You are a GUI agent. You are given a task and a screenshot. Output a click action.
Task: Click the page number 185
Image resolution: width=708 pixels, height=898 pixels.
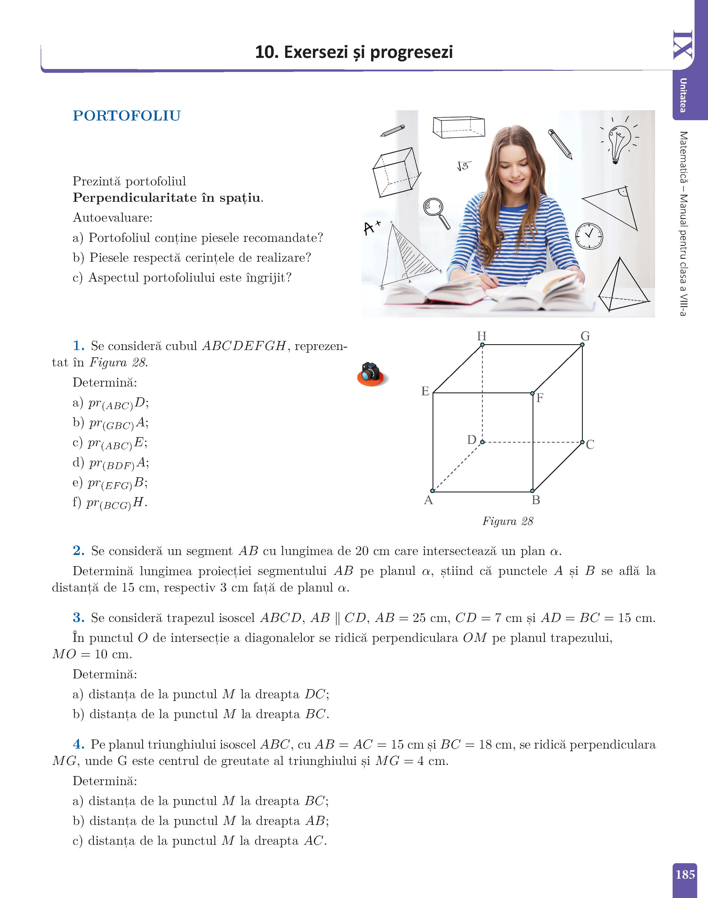pyautogui.click(x=685, y=874)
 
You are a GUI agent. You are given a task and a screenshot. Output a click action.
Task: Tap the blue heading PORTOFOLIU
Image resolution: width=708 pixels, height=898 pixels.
pyautogui.click(x=127, y=116)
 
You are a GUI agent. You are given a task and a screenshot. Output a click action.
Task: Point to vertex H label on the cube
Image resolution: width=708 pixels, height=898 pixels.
pyautogui.click(x=482, y=336)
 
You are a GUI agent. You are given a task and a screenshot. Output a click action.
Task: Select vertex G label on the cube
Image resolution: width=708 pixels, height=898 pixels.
pyautogui.click(x=585, y=336)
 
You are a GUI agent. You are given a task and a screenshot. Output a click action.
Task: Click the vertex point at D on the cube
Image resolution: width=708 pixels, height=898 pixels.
pyautogui.click(x=482, y=442)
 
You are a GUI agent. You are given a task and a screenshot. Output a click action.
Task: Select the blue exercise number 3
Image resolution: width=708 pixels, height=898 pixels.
pyautogui.click(x=78, y=618)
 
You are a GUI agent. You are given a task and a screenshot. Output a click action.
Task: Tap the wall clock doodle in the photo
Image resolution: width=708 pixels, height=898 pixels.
pyautogui.click(x=589, y=235)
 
